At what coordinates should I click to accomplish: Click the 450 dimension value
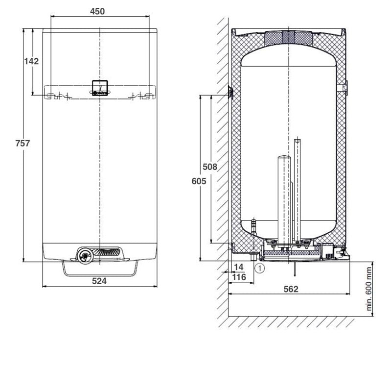[x=97, y=11]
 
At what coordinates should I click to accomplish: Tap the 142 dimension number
[x=31, y=61]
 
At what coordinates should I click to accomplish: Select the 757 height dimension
[x=23, y=144]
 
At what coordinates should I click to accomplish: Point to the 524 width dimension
[x=99, y=281]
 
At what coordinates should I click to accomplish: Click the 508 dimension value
[x=210, y=167]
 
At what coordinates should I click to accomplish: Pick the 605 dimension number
[x=199, y=181]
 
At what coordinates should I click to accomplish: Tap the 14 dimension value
[x=239, y=267]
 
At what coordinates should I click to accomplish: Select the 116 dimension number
[x=239, y=277]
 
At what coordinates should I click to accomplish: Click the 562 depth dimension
[x=291, y=289]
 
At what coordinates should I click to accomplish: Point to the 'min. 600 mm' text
[x=369, y=289]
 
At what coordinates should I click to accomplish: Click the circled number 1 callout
[x=260, y=268]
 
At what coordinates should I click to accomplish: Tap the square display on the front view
[x=100, y=88]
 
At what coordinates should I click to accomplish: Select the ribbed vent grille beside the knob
[x=107, y=252]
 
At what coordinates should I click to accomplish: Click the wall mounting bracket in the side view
[x=231, y=92]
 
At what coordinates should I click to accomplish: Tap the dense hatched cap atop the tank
[x=289, y=38]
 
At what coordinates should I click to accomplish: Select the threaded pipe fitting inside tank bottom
[x=254, y=225]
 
